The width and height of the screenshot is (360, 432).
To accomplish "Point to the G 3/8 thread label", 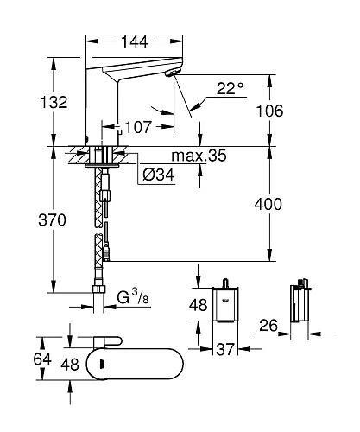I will (x=132, y=300).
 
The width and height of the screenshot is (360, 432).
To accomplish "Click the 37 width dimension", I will (x=226, y=348).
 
